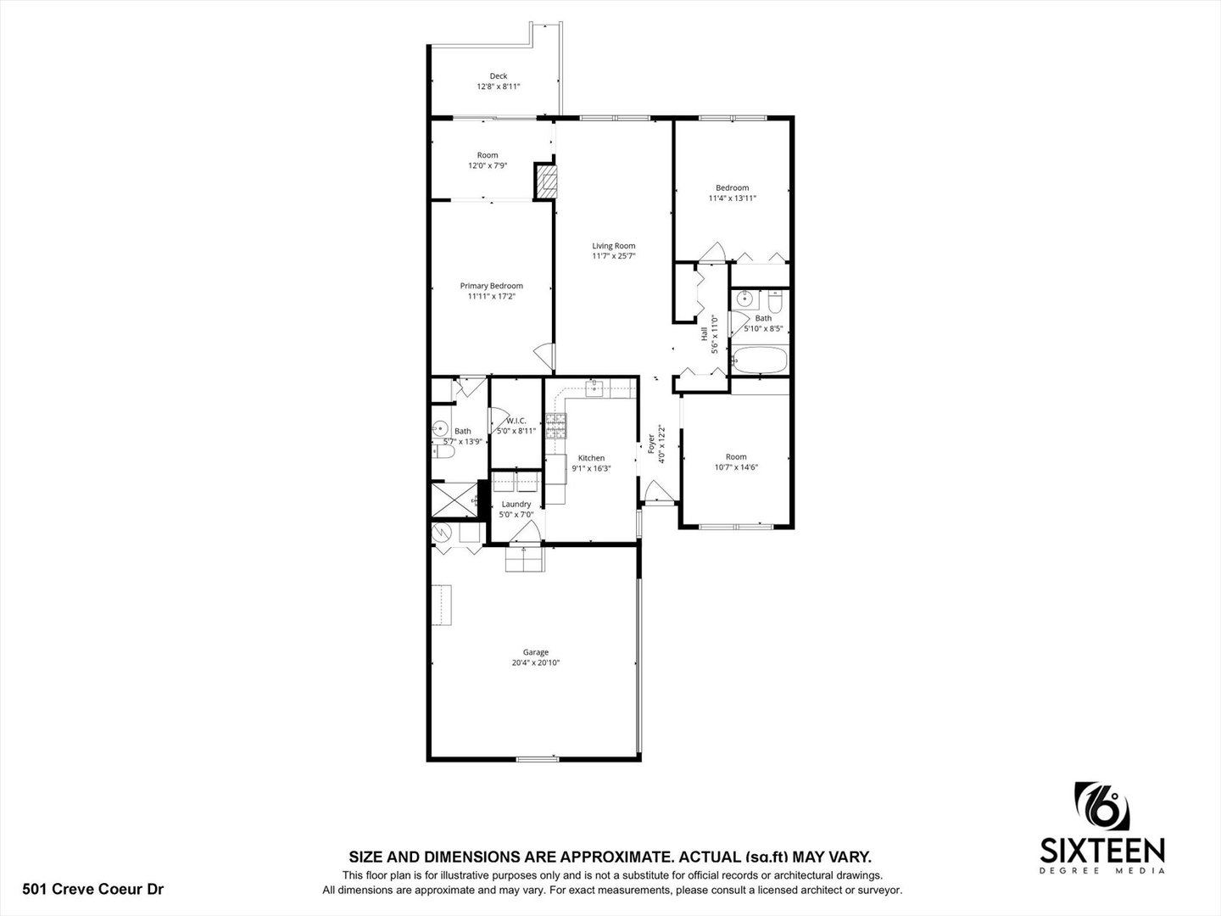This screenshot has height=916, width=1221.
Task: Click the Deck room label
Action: (x=499, y=76)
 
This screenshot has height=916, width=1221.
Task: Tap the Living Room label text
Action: (x=614, y=246)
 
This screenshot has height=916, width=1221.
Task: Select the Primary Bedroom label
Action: (x=491, y=286)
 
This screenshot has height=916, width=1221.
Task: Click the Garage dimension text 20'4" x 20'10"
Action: (x=536, y=662)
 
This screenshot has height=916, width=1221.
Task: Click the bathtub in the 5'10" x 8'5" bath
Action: (x=760, y=360)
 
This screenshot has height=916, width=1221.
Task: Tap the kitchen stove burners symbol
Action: (x=555, y=426)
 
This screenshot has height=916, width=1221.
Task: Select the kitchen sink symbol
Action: (x=594, y=388)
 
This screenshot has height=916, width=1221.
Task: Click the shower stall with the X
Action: (x=454, y=500)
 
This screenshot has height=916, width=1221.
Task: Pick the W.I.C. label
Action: (x=516, y=421)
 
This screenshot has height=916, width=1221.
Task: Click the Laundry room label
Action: (x=516, y=504)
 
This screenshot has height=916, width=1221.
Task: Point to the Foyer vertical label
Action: (x=651, y=444)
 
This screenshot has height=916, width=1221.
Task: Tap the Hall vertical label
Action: (x=705, y=333)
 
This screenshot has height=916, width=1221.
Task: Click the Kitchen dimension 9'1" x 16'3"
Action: (x=591, y=468)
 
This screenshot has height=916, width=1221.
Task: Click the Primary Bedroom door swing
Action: (x=544, y=357)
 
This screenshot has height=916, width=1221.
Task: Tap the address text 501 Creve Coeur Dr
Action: (x=93, y=890)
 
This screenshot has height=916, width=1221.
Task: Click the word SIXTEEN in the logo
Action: (x=1102, y=851)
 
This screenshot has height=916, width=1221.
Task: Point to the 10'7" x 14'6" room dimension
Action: (x=736, y=467)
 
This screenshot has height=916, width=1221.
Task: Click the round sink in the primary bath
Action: (x=441, y=429)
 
